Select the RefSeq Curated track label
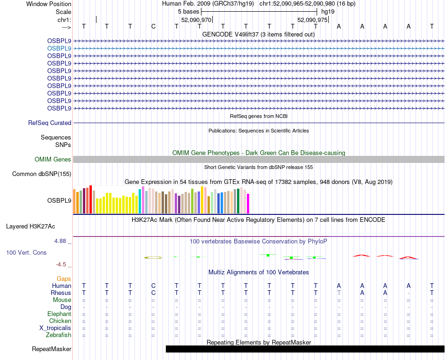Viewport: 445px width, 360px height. [x=50, y=123]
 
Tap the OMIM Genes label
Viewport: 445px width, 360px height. [x=53, y=160]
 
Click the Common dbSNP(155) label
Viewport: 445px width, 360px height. [x=42, y=174]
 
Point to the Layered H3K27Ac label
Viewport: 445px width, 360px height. [x=30, y=227]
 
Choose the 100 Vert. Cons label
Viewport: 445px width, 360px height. [x=26, y=253]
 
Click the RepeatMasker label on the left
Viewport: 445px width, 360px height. [x=52, y=349]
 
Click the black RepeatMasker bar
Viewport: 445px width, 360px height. [x=304, y=349]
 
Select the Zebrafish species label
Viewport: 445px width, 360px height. [x=59, y=335]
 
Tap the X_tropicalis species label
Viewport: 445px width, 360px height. [x=55, y=328]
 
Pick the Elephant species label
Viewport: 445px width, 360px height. [x=59, y=314]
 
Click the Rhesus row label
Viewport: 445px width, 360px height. [x=60, y=293]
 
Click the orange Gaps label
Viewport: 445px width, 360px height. [x=64, y=279]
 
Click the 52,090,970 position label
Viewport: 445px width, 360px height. [x=196, y=20]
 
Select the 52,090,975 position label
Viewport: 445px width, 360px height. [x=312, y=20]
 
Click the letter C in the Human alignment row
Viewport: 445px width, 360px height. [x=153, y=286]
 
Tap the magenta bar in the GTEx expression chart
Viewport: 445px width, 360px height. [x=248, y=203]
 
